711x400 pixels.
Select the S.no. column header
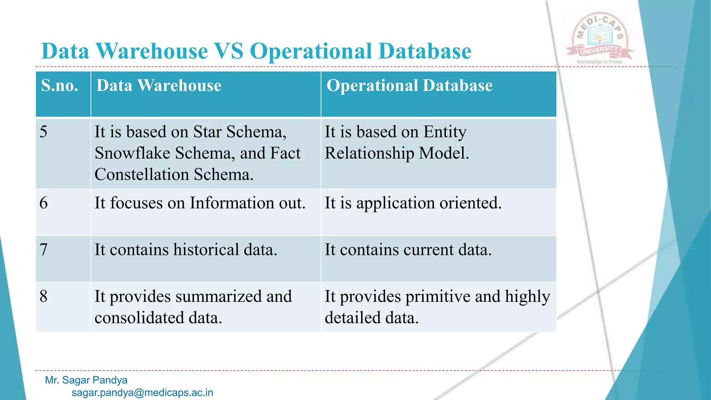coord(60,85)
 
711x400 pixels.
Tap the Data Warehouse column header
coord(159,85)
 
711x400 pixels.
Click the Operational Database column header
coord(409,85)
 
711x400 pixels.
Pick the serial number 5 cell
coord(43,132)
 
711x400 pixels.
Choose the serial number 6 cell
coord(43,203)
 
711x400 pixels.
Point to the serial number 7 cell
coord(43,250)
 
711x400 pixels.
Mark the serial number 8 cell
coord(43,297)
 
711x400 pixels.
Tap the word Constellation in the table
coord(141,174)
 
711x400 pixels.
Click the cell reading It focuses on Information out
coord(200,203)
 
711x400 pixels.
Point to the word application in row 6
coord(395,203)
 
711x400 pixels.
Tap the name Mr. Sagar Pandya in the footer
coord(86,380)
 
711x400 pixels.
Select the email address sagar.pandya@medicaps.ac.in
coord(142,393)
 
